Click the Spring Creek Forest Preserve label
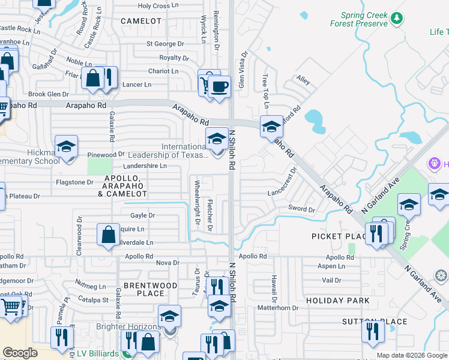358,19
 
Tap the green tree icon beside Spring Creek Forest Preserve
396,19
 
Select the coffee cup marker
219,86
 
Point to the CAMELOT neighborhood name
141,21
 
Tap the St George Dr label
165,44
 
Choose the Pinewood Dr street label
106,155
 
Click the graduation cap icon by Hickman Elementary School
66,147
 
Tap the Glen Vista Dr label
244,71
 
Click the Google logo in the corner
20,353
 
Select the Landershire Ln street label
145,166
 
